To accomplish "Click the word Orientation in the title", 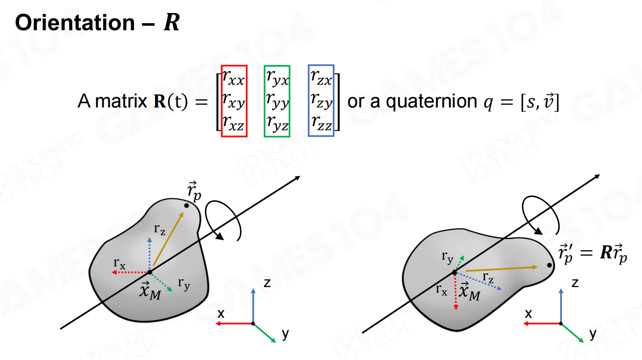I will [75, 22].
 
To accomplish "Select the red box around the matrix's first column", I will [234, 101].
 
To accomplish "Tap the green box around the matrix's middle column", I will [277, 101].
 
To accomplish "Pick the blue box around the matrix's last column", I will [321, 101].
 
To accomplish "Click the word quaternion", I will [431, 102].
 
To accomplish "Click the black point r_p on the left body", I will [186, 206].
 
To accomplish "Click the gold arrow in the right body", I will [501, 269].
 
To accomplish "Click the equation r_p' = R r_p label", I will [592, 253].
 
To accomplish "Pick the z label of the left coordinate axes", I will [267, 282].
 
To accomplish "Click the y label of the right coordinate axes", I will [593, 333].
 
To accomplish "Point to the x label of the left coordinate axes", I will [221, 314].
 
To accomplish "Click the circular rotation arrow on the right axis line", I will [540, 215].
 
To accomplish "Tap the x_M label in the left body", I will [150, 291].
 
